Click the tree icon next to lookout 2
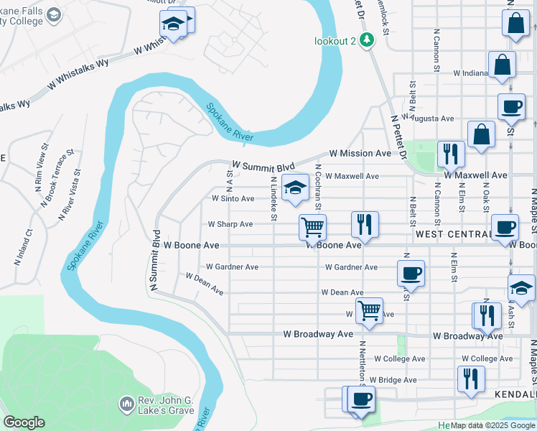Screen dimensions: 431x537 [x=367, y=40]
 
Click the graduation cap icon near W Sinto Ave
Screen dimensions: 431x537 [x=294, y=187]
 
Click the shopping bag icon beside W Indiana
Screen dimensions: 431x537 [x=502, y=65]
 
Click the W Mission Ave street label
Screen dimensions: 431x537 [x=360, y=154]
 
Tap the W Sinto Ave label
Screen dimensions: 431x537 [x=233, y=198]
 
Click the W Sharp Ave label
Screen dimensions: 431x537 [x=230, y=224]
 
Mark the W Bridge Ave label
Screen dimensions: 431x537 [x=391, y=380]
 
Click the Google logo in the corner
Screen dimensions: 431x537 [x=24, y=422]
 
